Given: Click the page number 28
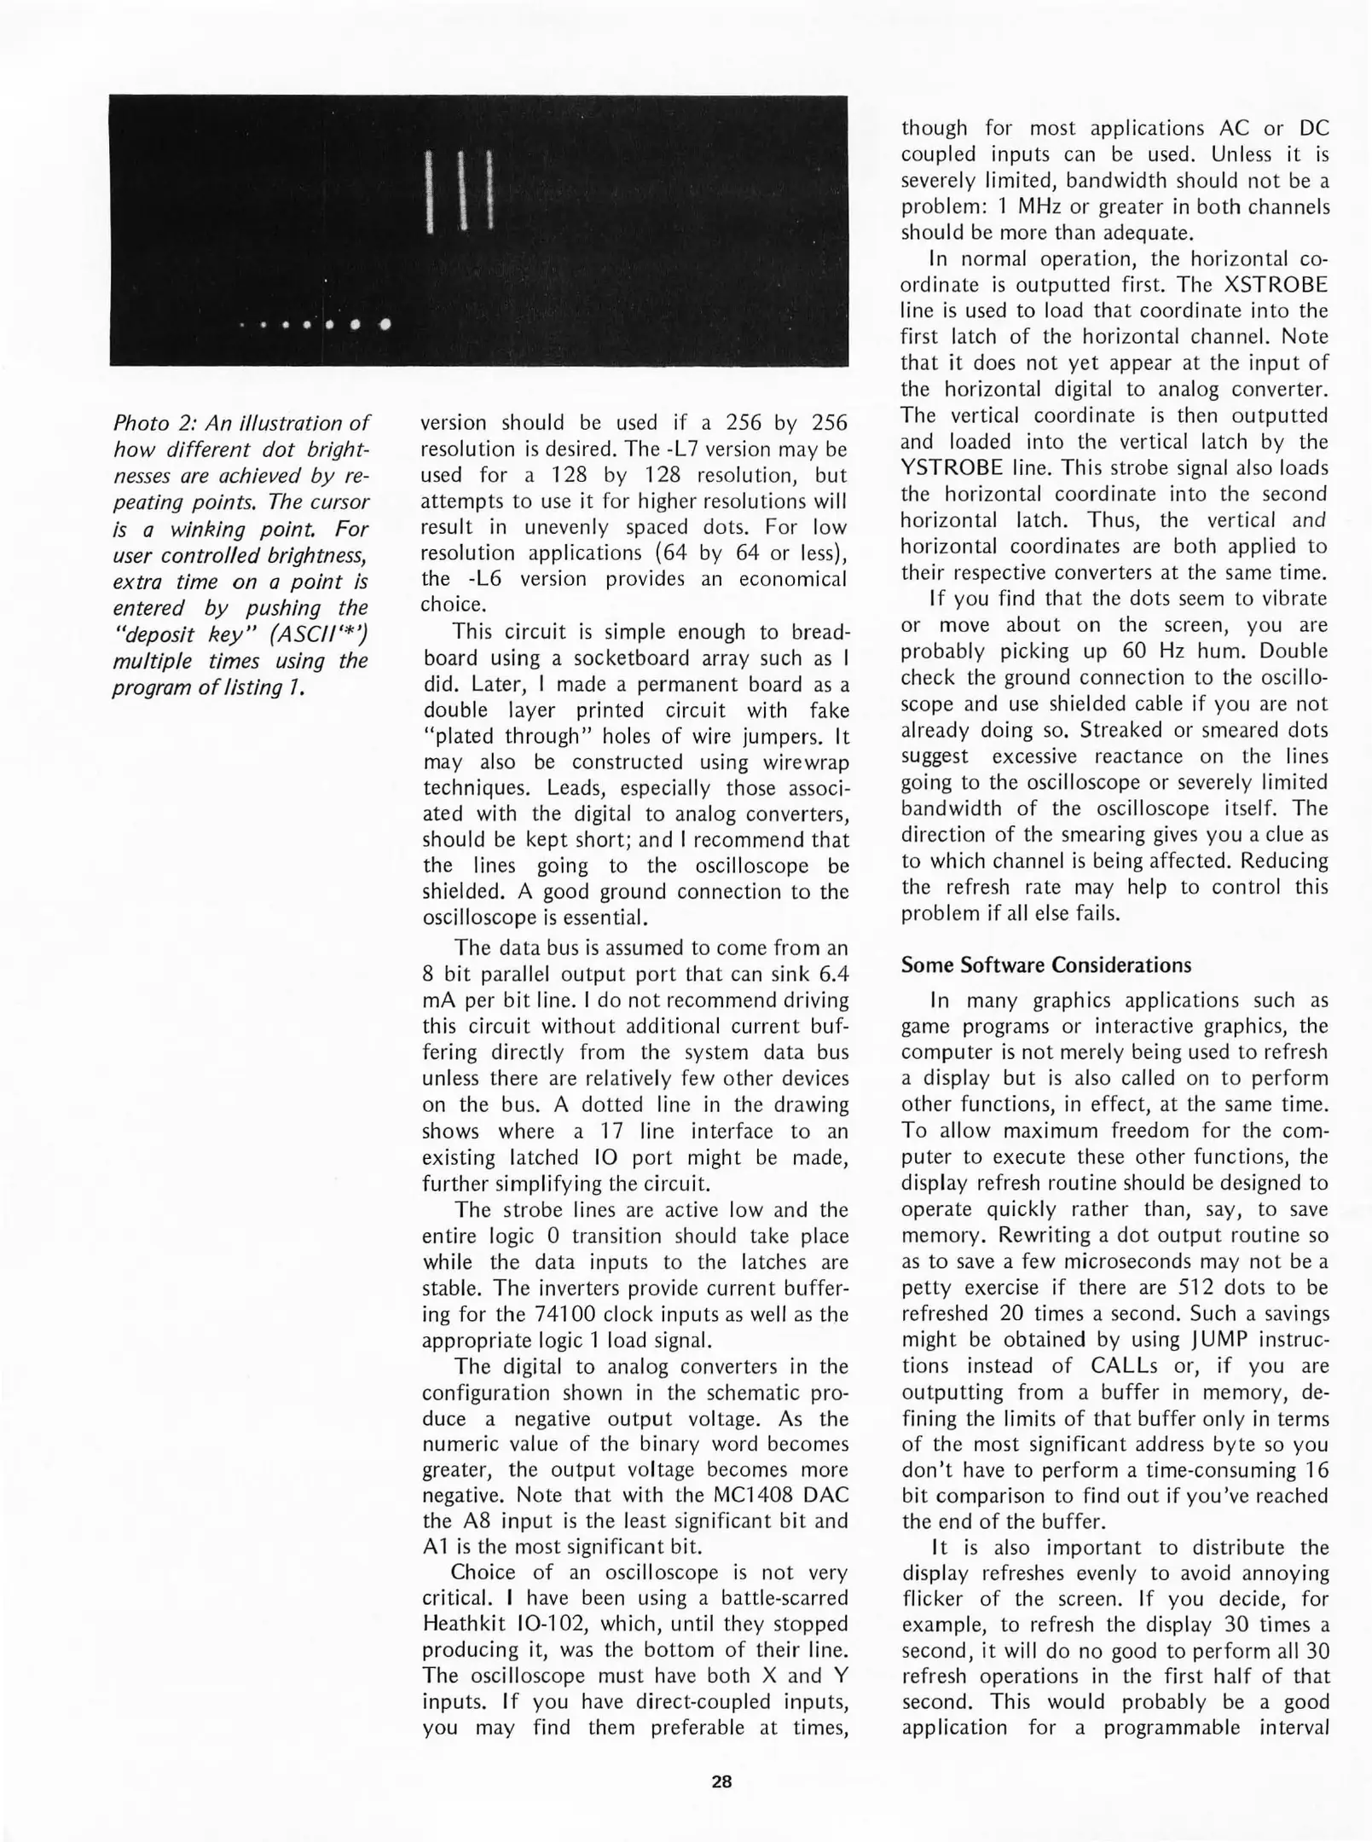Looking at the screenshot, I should [x=721, y=1781].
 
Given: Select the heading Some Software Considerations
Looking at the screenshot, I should [x=1046, y=965].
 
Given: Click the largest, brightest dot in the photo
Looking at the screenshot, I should [x=385, y=324].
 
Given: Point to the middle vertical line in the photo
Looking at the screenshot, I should [x=461, y=190].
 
